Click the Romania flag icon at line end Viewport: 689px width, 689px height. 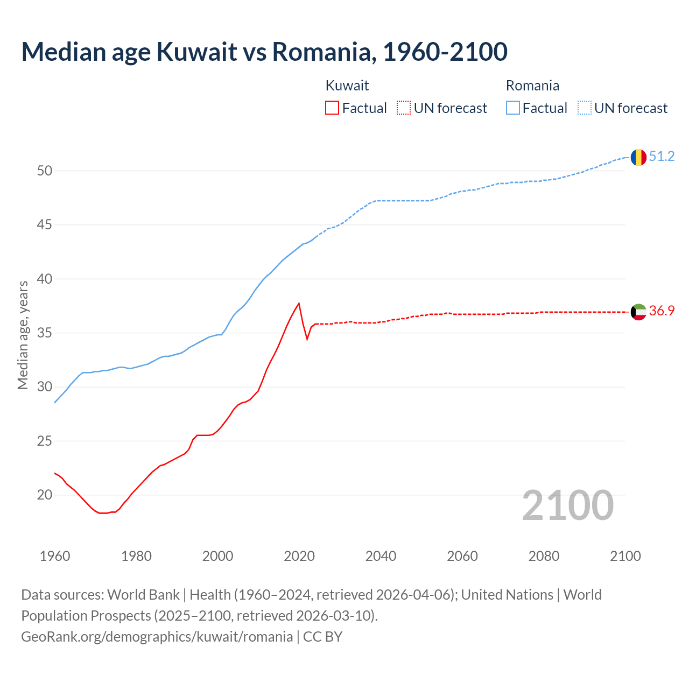point(638,157)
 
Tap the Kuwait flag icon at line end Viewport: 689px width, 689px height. point(638,312)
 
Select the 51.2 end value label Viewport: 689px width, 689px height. point(662,157)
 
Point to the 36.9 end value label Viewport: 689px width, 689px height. point(662,311)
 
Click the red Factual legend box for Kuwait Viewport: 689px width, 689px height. point(332,108)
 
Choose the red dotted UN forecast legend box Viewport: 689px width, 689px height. point(404,108)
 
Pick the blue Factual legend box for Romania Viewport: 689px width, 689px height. point(513,108)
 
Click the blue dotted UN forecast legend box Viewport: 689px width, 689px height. point(585,108)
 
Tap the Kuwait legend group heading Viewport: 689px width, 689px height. point(347,86)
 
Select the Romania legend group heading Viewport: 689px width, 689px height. point(532,86)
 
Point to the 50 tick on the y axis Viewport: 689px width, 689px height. point(45,171)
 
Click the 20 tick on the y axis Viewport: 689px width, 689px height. point(45,495)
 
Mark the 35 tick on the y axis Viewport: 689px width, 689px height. point(45,333)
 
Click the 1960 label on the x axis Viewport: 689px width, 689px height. point(55,557)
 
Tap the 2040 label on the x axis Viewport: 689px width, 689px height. point(381,557)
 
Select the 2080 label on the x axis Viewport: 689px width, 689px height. point(544,557)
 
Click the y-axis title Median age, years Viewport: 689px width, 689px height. point(23,335)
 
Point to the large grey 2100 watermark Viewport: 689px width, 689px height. point(567,505)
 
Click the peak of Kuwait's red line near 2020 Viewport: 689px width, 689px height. point(299,304)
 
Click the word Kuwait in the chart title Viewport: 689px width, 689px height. point(196,52)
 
